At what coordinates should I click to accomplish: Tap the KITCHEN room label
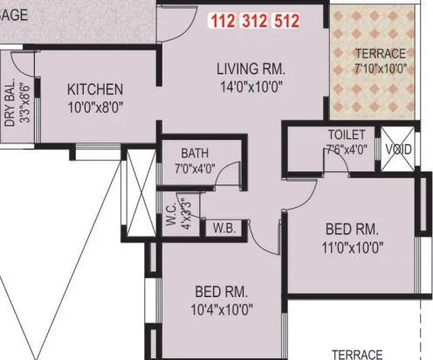coord(95,89)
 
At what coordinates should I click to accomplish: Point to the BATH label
coord(195,153)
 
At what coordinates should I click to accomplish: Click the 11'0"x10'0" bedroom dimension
coord(352,247)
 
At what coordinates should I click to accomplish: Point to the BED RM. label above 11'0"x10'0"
coord(352,230)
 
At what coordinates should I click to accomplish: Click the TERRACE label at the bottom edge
coord(357,354)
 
